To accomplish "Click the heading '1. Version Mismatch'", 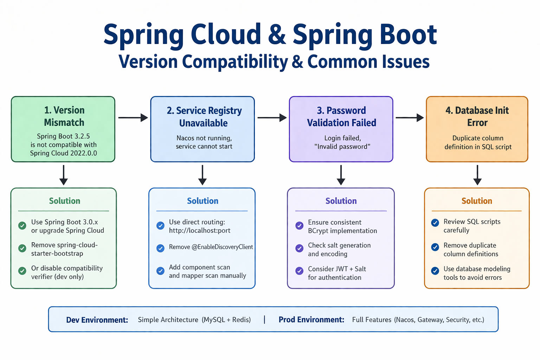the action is [64, 116].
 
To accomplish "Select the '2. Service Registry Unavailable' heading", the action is [204, 117].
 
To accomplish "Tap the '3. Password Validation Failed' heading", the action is [341, 116].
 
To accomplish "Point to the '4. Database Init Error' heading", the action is [477, 116].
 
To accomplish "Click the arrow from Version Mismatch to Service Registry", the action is [133, 118].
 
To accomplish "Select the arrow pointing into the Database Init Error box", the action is [410, 118].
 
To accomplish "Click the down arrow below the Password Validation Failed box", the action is [341, 175].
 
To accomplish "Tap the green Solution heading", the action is [65, 201].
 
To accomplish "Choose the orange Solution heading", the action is [477, 201].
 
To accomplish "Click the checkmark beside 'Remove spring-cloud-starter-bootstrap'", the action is [22, 248].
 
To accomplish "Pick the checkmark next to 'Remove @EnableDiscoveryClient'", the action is [160, 248].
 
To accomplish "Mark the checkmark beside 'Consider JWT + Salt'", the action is [300, 271].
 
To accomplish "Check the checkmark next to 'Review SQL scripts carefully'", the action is [435, 223].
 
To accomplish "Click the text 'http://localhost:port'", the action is [200, 231].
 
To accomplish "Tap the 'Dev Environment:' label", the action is [97, 320].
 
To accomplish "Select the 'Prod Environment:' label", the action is [311, 320].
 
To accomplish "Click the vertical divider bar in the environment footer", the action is [264, 320].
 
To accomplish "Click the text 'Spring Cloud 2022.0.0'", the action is [63, 153].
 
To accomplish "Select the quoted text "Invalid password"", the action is [342, 147].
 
